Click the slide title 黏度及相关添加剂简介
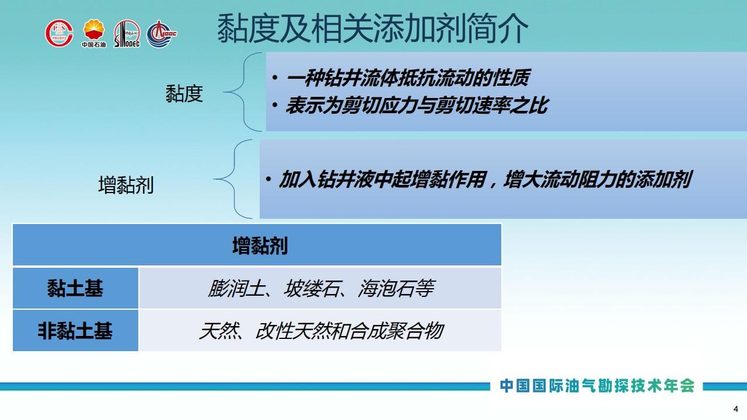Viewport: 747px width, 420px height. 372,29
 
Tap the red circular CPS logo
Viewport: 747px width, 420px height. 60,33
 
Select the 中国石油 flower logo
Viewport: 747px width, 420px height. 94,33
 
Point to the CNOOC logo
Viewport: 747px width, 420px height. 162,34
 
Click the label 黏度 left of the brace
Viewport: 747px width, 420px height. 184,93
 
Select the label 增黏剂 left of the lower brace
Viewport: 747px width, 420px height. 125,185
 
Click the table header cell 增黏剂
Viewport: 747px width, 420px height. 257,245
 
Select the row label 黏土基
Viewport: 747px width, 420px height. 75,288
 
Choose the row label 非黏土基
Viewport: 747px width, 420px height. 75,330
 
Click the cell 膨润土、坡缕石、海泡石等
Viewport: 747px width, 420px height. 320,288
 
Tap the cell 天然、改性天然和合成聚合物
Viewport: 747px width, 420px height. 320,330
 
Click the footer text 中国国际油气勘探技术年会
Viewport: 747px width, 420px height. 597,386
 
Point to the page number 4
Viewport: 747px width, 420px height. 736,409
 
